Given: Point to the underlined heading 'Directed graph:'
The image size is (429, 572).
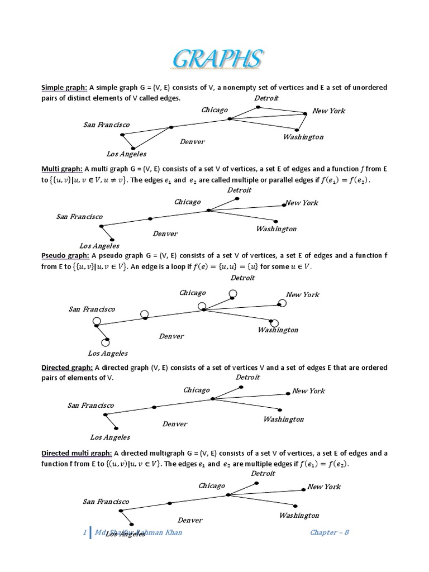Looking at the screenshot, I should pyautogui.click(x=67, y=368).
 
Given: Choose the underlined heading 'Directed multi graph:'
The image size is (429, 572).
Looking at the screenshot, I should pyautogui.click(x=77, y=453).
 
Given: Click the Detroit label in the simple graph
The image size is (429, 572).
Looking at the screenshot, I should pyautogui.click(x=266, y=98).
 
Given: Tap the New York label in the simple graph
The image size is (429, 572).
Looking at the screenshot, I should pyautogui.click(x=329, y=111).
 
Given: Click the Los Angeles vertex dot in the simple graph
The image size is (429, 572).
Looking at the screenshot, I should pyautogui.click(x=133, y=148).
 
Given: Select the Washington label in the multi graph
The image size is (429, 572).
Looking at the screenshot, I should pyautogui.click(x=276, y=229).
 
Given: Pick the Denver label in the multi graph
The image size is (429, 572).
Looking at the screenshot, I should pyautogui.click(x=165, y=233).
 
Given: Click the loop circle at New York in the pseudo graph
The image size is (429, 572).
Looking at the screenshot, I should pyautogui.click(x=283, y=303).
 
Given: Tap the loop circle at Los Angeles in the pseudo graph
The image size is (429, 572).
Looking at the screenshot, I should pyautogui.click(x=105, y=342).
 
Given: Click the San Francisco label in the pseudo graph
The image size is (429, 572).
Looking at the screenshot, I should pyautogui.click(x=92, y=309).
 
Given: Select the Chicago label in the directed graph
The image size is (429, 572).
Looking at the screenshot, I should pyautogui.click(x=197, y=390).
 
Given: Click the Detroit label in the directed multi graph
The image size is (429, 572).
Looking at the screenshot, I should pyautogui.click(x=263, y=473).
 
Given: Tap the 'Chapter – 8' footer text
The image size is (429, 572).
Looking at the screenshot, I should pyautogui.click(x=330, y=532).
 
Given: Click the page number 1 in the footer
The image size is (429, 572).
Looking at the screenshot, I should pyautogui.click(x=84, y=532).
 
